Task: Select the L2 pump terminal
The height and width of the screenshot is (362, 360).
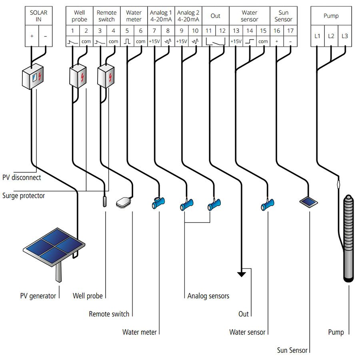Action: point(331,36)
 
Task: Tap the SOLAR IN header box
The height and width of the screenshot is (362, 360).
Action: point(38,16)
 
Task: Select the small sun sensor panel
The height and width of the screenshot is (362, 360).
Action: point(309,202)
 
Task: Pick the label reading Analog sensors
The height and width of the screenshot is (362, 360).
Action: point(208,296)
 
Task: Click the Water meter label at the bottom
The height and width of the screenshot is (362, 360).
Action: point(140,332)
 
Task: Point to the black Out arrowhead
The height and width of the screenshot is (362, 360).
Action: point(241,274)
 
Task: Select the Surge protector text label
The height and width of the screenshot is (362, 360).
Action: point(24,195)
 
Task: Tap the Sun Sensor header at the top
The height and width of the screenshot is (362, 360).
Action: point(283,16)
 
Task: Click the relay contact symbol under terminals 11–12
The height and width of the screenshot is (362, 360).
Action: point(216,41)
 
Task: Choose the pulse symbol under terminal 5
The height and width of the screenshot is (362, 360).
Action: point(127,41)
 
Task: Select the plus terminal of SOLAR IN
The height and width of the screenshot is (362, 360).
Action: point(32,36)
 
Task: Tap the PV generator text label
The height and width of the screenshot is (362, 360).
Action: point(38,296)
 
